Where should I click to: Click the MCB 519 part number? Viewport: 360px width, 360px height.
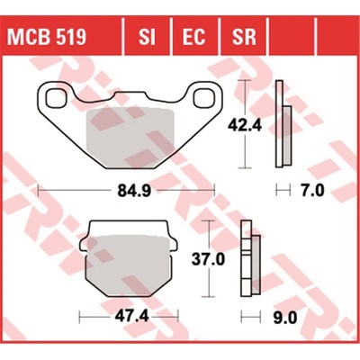coord(47,37)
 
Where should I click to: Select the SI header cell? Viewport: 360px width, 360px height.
coord(147,37)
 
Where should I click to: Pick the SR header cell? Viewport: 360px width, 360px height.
coord(244,37)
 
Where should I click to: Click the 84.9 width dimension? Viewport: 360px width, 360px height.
coord(134,191)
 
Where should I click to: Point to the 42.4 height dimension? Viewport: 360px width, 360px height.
coord(245,125)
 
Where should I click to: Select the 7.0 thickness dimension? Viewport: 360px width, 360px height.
coord(313,190)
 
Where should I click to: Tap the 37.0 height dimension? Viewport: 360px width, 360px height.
coord(208,258)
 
